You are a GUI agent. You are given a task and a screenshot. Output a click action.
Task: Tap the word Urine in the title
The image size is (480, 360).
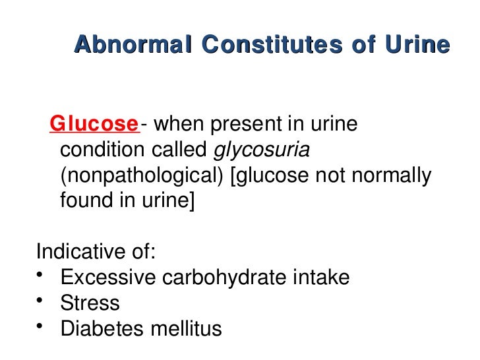(x=419, y=45)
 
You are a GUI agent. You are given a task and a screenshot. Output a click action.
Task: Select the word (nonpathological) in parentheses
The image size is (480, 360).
(x=143, y=176)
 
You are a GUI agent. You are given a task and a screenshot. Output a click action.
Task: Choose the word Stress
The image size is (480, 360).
(x=90, y=303)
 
